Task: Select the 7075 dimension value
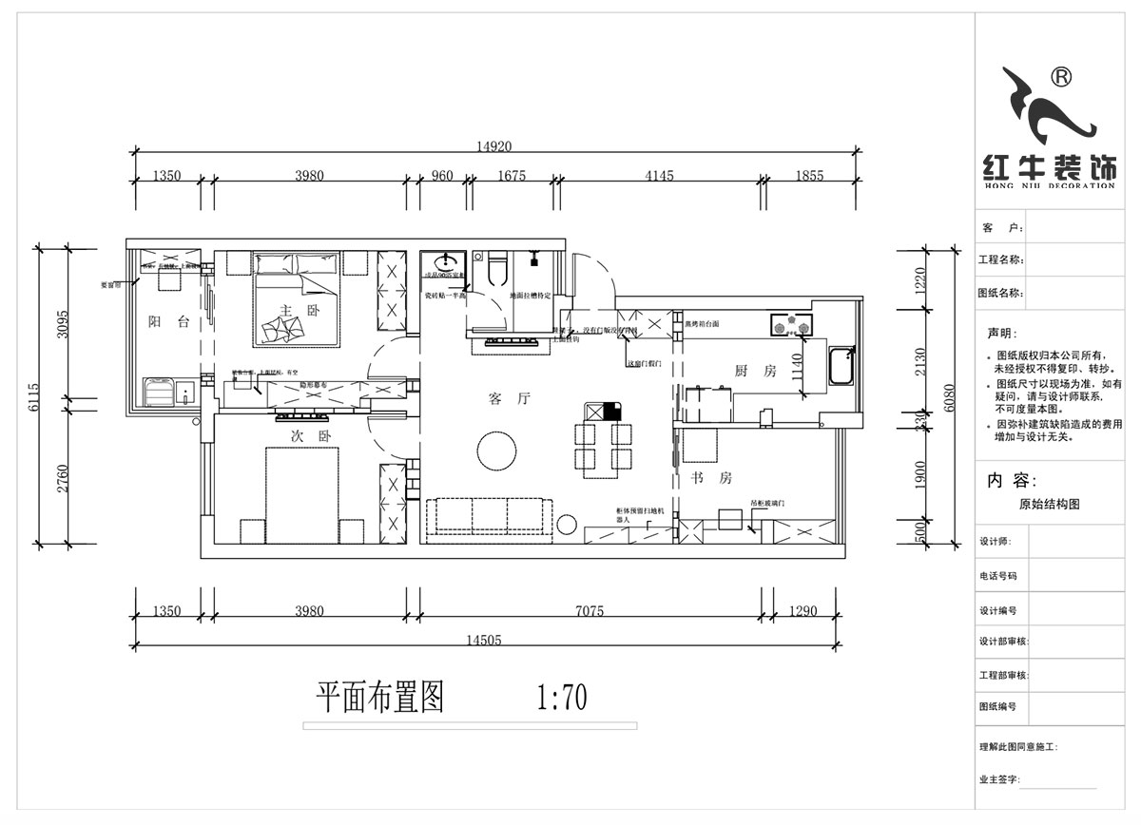coord(589,611)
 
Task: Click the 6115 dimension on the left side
coord(35,395)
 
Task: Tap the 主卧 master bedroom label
coord(293,310)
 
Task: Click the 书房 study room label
coord(711,479)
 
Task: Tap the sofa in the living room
coord(489,516)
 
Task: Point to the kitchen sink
coord(841,367)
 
